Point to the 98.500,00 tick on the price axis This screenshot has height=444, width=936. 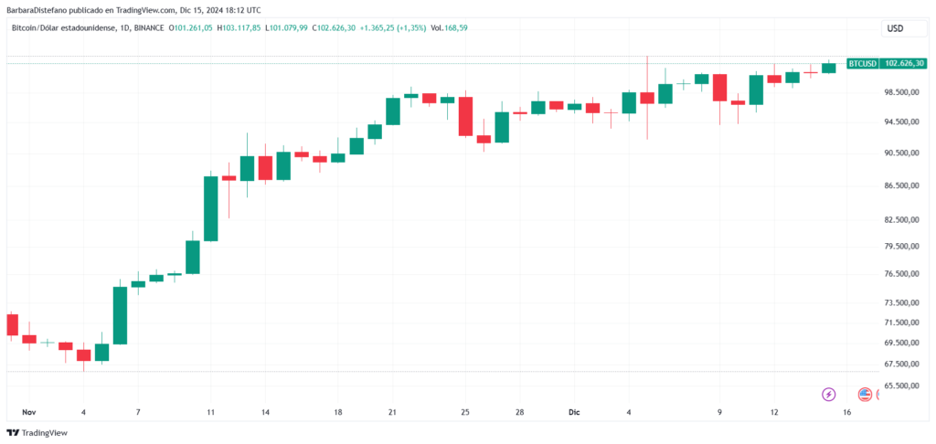click(x=897, y=92)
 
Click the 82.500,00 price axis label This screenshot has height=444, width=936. click(x=897, y=220)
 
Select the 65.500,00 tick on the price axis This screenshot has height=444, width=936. click(x=897, y=386)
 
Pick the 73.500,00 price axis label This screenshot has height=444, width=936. click(x=897, y=302)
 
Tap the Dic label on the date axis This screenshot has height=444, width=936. click(x=573, y=413)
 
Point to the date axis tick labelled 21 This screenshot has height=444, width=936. click(x=392, y=413)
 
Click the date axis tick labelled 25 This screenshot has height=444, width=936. click(x=465, y=413)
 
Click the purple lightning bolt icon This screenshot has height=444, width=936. click(x=829, y=395)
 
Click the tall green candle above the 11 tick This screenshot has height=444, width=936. click(x=211, y=208)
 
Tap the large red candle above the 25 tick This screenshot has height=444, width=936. click(x=465, y=116)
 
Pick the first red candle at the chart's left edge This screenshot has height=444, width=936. click(x=12, y=324)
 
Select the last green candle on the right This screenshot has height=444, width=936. click(x=829, y=67)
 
